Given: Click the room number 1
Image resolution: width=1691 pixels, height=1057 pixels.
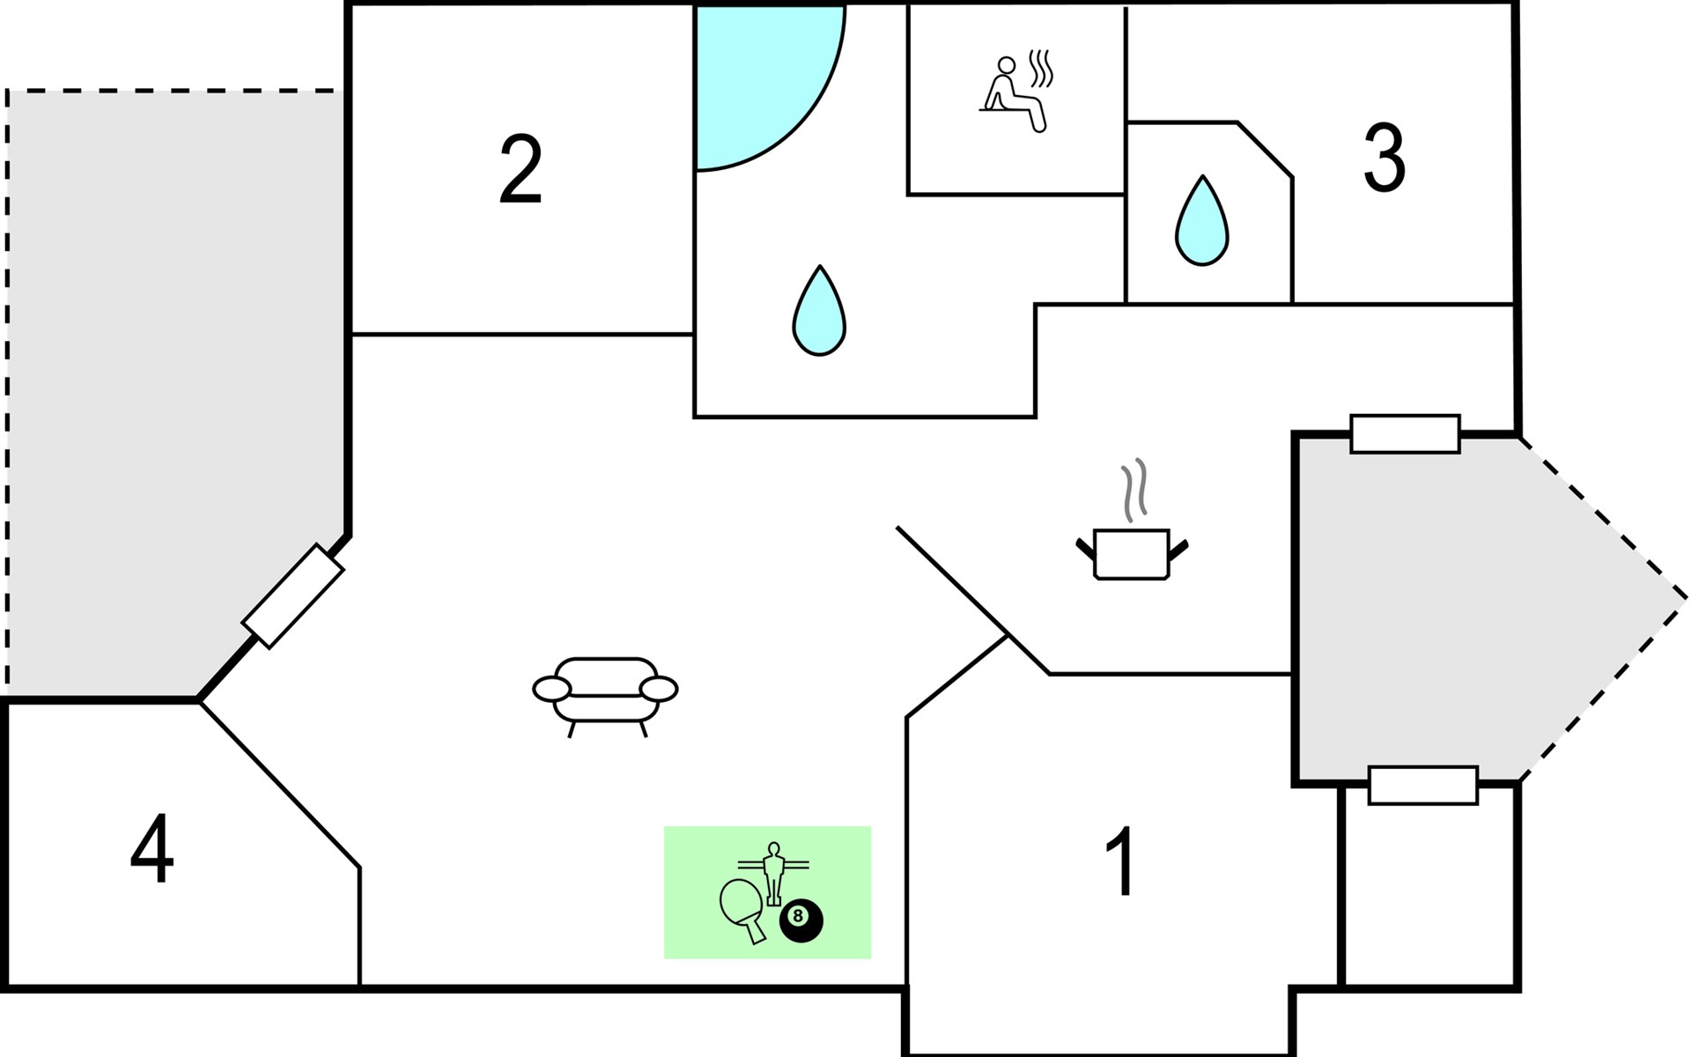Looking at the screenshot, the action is [x=1121, y=861].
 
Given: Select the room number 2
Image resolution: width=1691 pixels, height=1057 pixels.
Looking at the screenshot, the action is [x=521, y=169].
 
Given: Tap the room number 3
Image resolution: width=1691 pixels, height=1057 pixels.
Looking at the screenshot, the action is [x=1384, y=157].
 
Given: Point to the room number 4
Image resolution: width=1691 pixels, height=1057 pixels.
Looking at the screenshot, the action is [x=152, y=847].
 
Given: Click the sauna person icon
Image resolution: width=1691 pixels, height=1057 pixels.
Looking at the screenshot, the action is [x=1013, y=94].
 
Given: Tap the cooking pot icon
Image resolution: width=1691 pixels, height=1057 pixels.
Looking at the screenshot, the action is [x=1132, y=554].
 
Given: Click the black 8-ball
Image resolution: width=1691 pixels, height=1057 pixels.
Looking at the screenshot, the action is [x=801, y=920].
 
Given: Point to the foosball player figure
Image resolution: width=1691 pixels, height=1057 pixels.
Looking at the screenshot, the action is [x=773, y=873].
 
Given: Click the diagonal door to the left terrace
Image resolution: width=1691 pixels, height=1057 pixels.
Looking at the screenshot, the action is [x=293, y=596].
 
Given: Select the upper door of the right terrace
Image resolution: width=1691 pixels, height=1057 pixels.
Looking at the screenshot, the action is [x=1406, y=433].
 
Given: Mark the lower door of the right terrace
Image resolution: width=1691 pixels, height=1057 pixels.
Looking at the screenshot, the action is [x=1423, y=785].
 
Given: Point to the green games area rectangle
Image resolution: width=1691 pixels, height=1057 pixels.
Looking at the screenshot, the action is [x=767, y=892].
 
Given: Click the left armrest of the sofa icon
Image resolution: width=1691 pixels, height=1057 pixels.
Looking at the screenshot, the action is [x=552, y=689].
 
